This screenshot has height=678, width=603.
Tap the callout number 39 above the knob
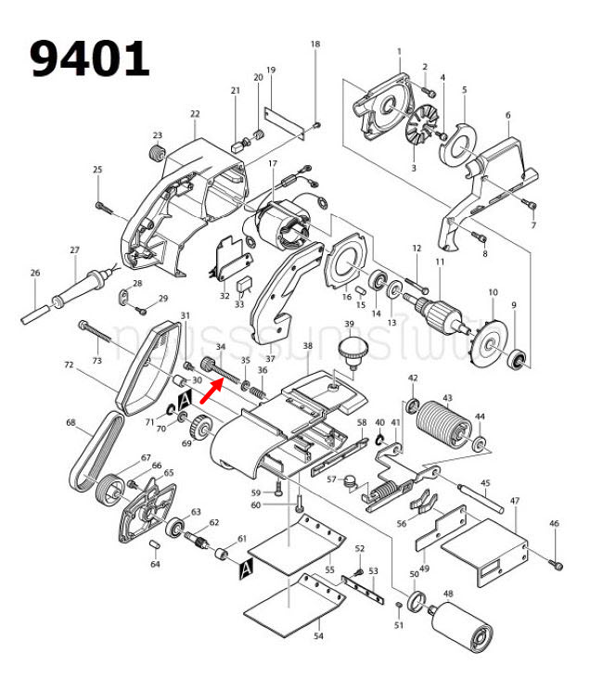[350, 324]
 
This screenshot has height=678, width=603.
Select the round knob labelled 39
[351, 351]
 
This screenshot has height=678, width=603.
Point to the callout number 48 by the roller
[448, 594]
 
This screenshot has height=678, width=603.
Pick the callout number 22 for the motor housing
[195, 114]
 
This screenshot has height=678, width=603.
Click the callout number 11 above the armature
[440, 262]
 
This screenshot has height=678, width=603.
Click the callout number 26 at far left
[35, 273]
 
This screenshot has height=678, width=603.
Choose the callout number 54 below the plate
[318, 636]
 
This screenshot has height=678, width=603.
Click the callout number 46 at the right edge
[554, 524]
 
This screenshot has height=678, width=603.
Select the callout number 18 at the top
[314, 45]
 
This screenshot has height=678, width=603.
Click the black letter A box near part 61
[246, 568]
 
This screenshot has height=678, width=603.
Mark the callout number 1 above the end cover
[399, 51]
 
